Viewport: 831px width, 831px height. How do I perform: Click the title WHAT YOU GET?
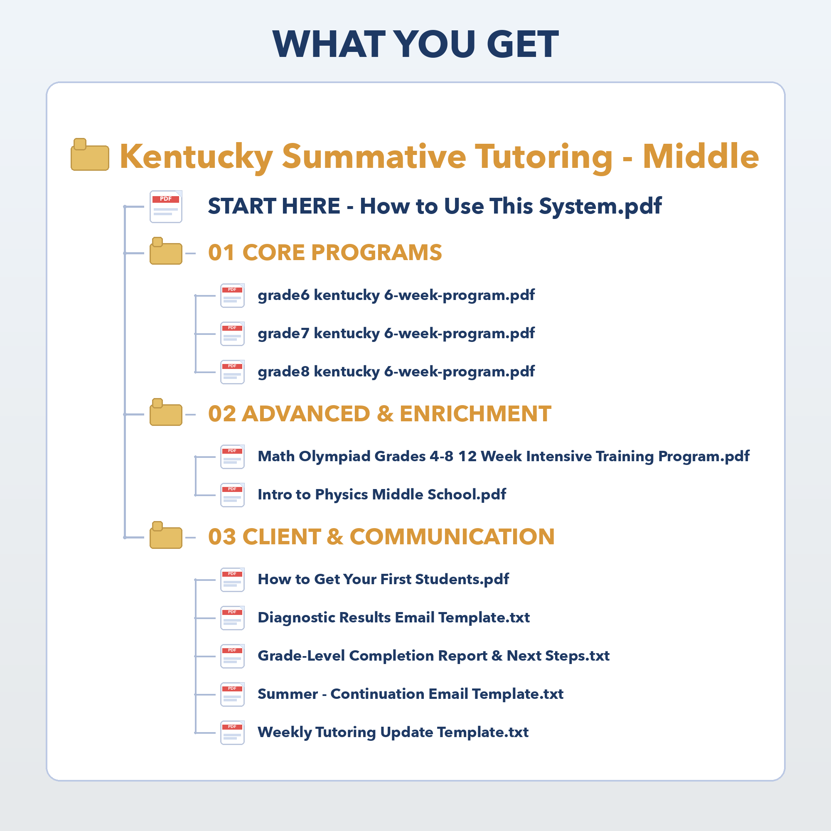[415, 44]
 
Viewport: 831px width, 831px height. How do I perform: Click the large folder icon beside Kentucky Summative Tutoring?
[89, 155]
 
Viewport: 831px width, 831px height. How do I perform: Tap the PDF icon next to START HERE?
[166, 207]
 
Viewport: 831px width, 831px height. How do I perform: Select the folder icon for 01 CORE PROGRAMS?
[166, 252]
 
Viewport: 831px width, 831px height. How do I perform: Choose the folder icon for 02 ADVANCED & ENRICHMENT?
[166, 413]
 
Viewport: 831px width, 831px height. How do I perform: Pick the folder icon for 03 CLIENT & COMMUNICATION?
[166, 536]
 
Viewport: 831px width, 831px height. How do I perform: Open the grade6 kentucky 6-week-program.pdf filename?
[396, 295]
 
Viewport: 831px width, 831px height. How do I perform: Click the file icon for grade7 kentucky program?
[232, 334]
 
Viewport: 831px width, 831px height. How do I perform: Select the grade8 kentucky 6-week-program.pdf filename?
[396, 371]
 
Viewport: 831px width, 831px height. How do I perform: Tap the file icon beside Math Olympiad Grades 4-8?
[232, 457]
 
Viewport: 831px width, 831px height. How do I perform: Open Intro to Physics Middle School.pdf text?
[381, 494]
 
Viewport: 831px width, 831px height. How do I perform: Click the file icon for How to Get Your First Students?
[232, 580]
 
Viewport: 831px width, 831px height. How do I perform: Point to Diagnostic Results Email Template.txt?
[393, 618]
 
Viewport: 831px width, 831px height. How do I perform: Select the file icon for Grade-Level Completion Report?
[232, 656]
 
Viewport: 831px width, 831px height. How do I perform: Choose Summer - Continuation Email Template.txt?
[410, 694]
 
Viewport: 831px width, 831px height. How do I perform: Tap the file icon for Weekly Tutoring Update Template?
[232, 733]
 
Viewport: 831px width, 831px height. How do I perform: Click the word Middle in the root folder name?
[700, 156]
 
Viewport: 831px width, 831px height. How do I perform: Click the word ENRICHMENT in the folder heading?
[475, 414]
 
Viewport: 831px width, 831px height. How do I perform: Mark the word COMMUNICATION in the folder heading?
[452, 537]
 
